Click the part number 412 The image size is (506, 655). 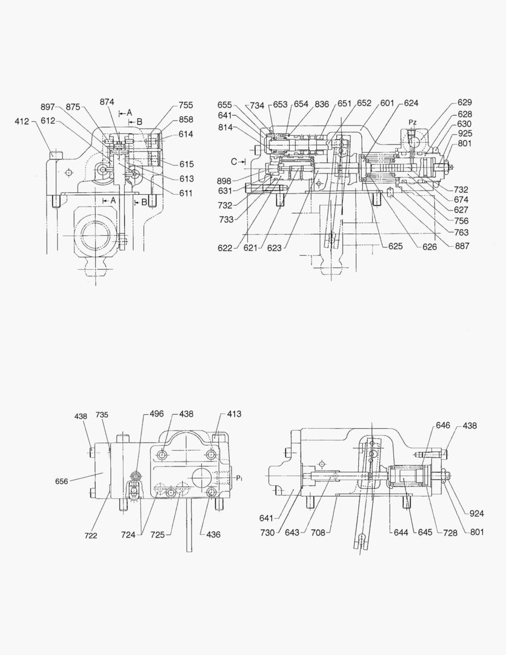point(22,121)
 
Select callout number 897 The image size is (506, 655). point(48,107)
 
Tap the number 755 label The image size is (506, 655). point(186,105)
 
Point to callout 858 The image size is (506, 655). point(186,119)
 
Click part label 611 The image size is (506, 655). point(186,193)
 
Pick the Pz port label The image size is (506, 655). point(413,123)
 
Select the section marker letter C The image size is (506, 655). point(234,161)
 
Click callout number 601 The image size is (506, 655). point(388,104)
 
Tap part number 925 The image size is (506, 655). point(465,133)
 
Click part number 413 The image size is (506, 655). point(235,414)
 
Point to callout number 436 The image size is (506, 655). point(213,534)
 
